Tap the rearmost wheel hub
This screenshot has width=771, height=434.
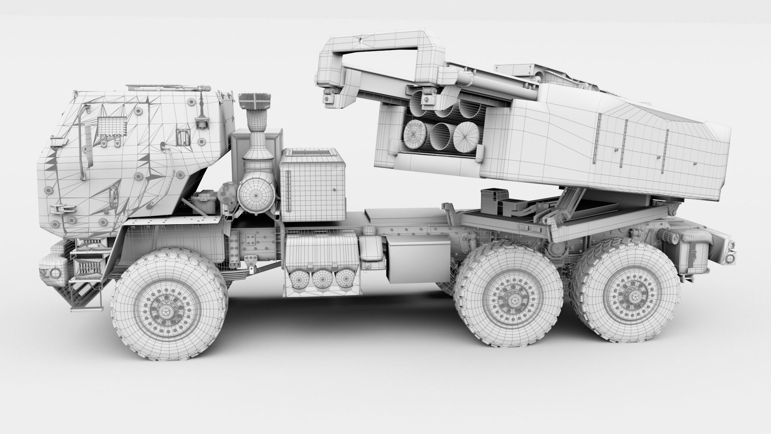(627, 298)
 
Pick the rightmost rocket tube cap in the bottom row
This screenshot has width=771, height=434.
(467, 135)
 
